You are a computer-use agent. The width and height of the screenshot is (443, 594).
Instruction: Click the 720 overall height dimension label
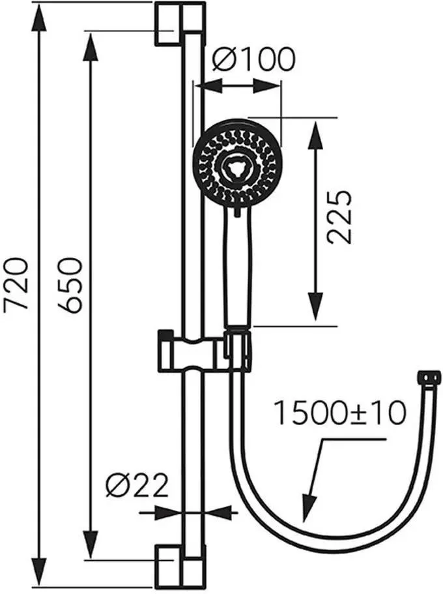pos(16,284)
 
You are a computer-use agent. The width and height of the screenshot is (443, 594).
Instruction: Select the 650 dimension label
pos(70,285)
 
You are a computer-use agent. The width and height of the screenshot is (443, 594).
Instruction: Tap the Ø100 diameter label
pos(253,59)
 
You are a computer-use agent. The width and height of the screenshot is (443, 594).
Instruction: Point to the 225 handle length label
pos(339,216)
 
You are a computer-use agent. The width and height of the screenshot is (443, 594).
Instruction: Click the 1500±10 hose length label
pos(339,413)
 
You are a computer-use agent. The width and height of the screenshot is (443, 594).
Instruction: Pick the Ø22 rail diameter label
pos(137,485)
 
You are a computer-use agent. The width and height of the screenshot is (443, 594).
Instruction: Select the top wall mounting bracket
pos(180,23)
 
